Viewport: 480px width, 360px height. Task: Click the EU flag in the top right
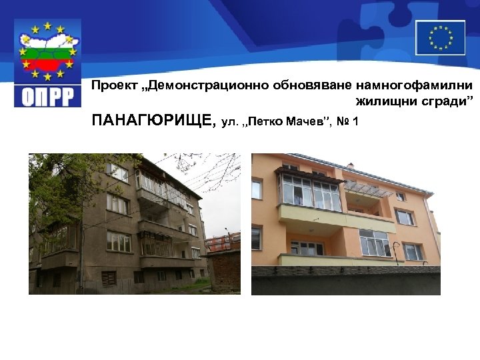coord(440,37)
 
